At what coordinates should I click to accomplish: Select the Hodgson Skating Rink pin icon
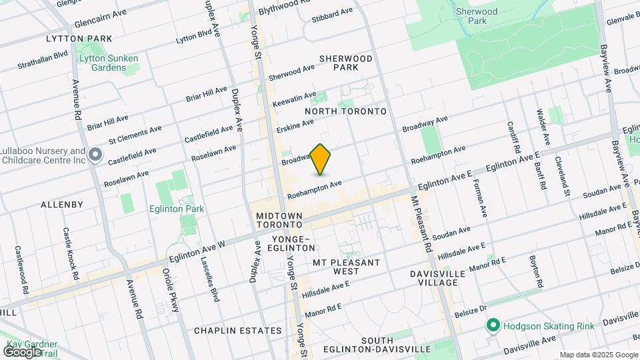pos(493,325)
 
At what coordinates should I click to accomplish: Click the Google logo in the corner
pos(22,351)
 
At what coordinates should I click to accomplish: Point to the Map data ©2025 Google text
pos(598,355)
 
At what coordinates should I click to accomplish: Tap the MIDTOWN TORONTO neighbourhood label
pos(280,221)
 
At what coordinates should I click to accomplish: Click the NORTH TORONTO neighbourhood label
pos(345,111)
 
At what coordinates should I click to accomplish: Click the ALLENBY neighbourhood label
pos(61,204)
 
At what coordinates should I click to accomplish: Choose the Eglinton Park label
pos(177,209)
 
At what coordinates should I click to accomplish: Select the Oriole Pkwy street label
pos(171,290)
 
